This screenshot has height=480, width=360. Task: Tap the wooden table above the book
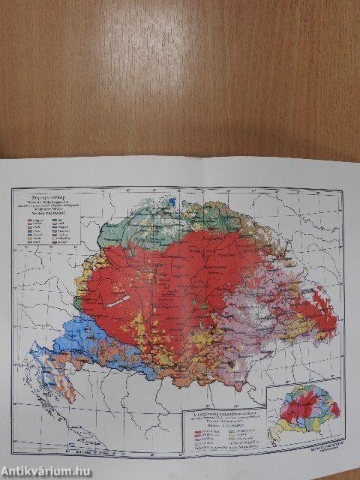point(180,75)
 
